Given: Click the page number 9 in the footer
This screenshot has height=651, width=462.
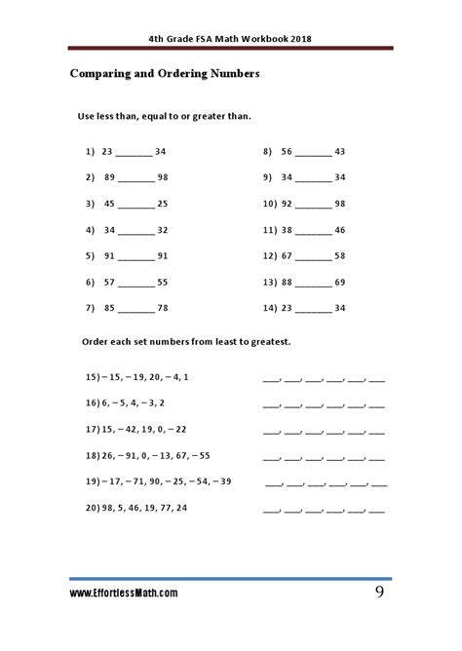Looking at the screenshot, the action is [x=380, y=592].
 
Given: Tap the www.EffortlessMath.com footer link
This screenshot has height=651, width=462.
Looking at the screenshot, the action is [x=123, y=593].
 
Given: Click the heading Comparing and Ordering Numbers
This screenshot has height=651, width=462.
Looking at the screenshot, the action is [x=163, y=73].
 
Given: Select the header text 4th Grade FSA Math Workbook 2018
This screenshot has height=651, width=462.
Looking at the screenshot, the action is [x=230, y=39].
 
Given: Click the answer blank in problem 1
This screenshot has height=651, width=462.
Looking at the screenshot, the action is [x=135, y=153].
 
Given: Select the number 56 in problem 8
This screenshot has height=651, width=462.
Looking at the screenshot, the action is [x=287, y=152].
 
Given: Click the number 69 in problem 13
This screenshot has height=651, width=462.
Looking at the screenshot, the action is [x=340, y=282].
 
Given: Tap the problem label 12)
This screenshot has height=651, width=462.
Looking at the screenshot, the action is [x=271, y=256].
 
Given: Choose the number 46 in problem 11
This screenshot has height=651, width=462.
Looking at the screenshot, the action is [x=340, y=230].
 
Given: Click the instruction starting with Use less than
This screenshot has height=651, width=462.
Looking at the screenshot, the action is [x=164, y=116].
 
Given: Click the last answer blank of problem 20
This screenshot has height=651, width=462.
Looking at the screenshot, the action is [x=377, y=510].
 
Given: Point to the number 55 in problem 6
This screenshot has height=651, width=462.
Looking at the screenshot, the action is [x=162, y=282].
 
